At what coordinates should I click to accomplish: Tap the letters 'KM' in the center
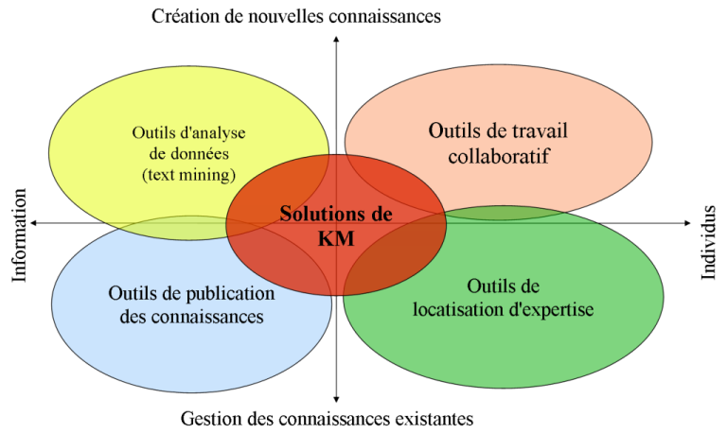pos(335,238)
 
